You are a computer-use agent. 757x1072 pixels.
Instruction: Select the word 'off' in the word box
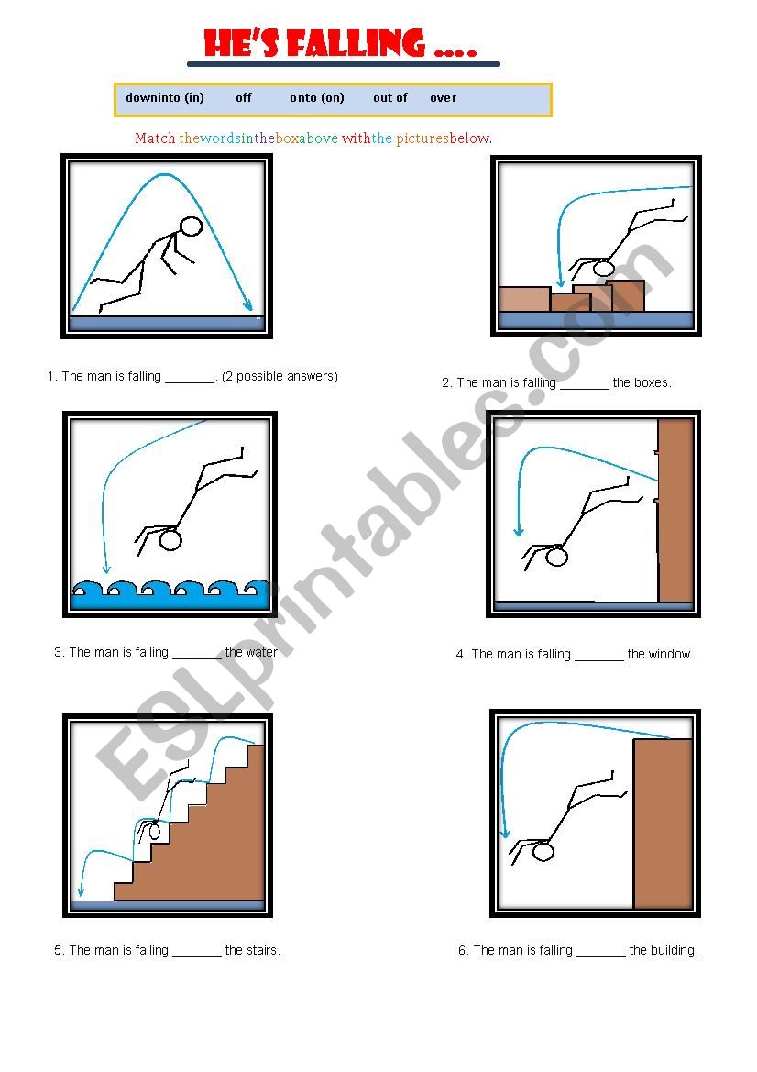[244, 97]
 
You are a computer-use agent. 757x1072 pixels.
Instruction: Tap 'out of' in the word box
[389, 97]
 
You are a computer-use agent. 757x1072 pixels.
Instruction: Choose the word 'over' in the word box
[443, 97]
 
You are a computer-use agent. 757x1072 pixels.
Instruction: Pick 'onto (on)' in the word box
[317, 97]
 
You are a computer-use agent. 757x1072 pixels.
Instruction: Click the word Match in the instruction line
[155, 138]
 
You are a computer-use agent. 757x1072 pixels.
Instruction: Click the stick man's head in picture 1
[191, 227]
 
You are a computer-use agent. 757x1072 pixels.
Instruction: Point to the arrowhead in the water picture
[106, 569]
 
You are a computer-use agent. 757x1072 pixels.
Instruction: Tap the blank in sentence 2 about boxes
[584, 384]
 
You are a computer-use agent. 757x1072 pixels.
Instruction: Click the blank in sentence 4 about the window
[599, 655]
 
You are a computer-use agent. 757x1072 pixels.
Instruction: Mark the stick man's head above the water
[170, 539]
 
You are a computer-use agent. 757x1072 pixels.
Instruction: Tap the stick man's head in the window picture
[556, 556]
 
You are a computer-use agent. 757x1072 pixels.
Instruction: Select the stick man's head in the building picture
[543, 852]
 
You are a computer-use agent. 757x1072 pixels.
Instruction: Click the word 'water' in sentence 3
[262, 653]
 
